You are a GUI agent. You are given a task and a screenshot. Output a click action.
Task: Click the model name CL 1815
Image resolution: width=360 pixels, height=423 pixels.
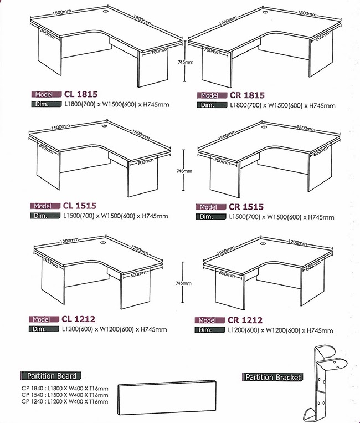coord(81,94)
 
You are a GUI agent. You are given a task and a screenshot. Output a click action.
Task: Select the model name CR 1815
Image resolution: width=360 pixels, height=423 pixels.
coord(247,95)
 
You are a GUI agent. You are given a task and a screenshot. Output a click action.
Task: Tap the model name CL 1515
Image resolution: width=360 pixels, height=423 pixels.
coord(80,206)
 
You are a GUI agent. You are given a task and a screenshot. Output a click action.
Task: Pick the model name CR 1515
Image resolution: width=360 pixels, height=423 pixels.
coord(246,207)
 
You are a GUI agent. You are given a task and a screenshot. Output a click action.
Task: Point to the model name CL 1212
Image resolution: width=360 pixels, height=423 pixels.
coord(79,319)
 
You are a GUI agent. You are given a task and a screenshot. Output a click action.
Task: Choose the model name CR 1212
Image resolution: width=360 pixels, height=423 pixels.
coord(245,320)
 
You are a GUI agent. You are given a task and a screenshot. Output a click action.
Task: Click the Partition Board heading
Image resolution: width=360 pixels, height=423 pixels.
coord(51,376)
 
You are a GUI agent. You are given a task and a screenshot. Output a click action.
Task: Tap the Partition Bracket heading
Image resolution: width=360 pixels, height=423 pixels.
coord(272,377)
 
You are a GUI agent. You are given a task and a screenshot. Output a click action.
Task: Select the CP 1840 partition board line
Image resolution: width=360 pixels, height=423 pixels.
coord(65,389)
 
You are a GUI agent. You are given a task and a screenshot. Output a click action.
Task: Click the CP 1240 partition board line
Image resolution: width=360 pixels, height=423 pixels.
coord(65,402)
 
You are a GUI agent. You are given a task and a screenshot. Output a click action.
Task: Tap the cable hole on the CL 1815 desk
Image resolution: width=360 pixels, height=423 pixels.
coord(105,12)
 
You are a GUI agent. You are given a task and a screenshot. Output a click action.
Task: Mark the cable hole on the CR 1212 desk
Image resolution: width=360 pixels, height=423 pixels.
coord(263,244)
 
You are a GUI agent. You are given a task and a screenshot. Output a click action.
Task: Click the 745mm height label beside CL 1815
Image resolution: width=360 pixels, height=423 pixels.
coord(186,62)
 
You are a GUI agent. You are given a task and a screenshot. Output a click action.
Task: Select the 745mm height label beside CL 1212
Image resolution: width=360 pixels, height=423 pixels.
coord(183,283)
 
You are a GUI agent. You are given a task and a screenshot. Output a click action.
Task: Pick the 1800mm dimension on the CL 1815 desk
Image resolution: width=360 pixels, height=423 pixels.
coord(142,20)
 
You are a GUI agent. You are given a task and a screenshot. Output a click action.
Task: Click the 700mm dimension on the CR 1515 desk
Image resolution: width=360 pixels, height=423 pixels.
coord(222,161)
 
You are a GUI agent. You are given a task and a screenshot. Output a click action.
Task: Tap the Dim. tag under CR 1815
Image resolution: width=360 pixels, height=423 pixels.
coord(212,105)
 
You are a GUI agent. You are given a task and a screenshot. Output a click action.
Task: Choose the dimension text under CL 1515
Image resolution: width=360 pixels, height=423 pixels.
coord(116,216)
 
